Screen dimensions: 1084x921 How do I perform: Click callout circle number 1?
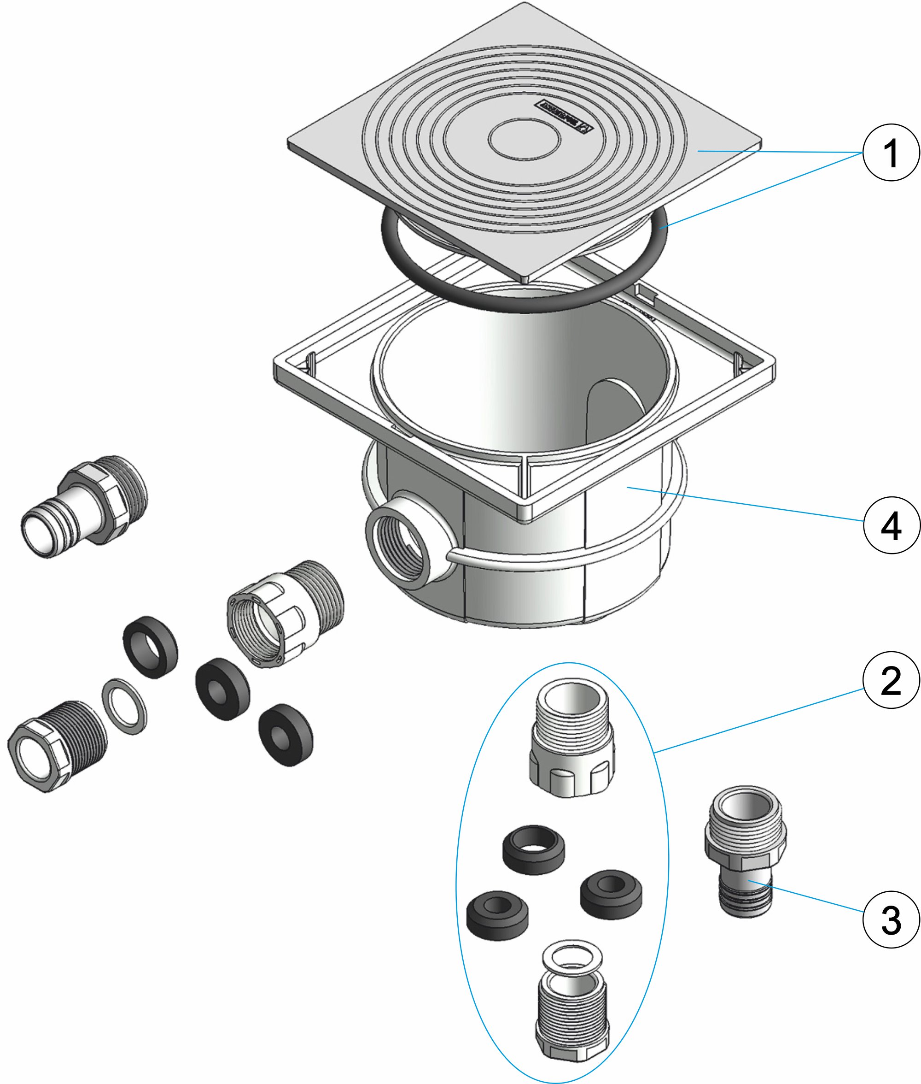tap(891, 153)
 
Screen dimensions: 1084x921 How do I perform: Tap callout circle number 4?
tap(891, 525)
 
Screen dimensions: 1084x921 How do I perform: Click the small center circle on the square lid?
tap(525, 138)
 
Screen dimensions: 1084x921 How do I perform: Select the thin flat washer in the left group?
tap(124, 707)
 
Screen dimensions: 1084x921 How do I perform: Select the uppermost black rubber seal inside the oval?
tap(534, 849)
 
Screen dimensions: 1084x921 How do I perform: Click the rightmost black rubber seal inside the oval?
tap(611, 894)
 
